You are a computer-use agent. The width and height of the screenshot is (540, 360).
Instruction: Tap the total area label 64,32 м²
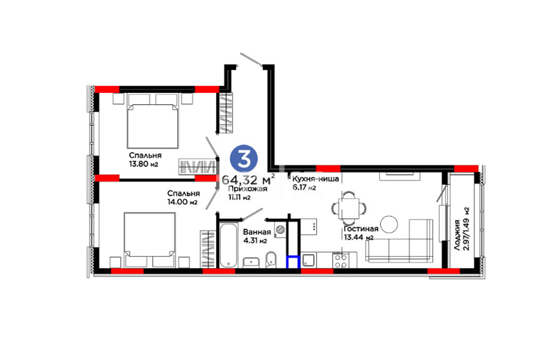coord(248,179)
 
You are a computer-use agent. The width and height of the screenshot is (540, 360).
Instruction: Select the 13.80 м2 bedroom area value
coord(144,164)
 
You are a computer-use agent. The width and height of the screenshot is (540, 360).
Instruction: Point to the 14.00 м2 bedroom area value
coord(182,202)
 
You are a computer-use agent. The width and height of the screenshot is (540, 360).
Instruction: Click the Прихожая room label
coord(247,188)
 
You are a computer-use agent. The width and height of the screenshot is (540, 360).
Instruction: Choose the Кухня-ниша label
coord(315,179)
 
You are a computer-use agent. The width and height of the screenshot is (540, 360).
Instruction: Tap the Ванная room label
coord(257,233)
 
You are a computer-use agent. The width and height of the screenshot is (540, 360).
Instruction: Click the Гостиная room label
coord(361,229)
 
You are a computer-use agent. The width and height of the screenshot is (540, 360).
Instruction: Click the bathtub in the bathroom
coord(228,245)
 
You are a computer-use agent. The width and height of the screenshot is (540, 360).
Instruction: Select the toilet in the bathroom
coord(271,259)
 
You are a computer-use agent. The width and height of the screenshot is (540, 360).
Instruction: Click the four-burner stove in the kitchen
coord(340,260)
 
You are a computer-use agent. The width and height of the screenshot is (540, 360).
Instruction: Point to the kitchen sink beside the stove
coord(308,260)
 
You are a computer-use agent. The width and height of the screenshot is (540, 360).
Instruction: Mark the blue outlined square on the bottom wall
coord(293,262)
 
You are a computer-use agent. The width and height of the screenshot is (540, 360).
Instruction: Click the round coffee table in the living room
coord(389,224)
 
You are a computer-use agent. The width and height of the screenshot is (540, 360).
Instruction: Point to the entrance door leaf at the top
coord(251,59)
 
